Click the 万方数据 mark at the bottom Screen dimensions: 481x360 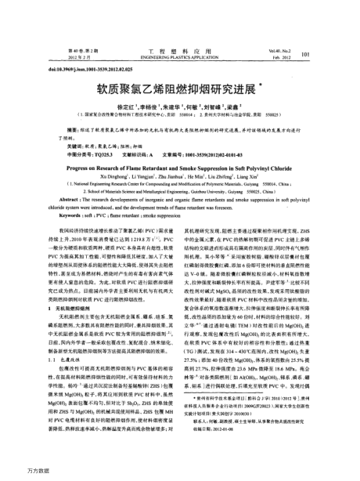pos(17,473)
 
